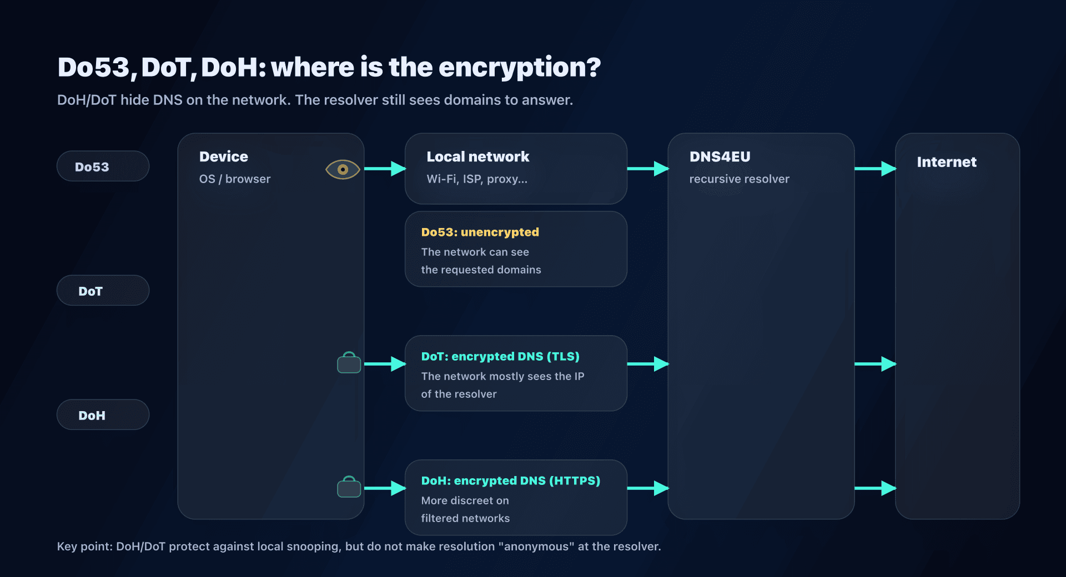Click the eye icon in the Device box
pyautogui.click(x=343, y=169)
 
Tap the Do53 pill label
pyautogui.click(x=92, y=167)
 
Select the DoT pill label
pyautogui.click(x=90, y=291)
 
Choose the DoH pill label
pyautogui.click(x=92, y=416)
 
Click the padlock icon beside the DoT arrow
pyautogui.click(x=349, y=363)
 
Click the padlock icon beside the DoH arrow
pyautogui.click(x=349, y=487)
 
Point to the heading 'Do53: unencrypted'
pyautogui.click(x=480, y=232)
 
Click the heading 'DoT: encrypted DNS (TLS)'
pyautogui.click(x=500, y=356)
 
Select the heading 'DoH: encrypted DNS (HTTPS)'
pyautogui.click(x=510, y=480)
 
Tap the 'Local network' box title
pyautogui.click(x=477, y=156)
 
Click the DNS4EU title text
pyautogui.click(x=720, y=156)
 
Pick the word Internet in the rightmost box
pyautogui.click(x=946, y=162)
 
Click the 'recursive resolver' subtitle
pyautogui.click(x=739, y=179)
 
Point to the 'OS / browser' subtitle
pyautogui.click(x=235, y=179)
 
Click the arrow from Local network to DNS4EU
pyautogui.click(x=647, y=169)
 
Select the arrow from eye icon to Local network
pyautogui.click(x=385, y=169)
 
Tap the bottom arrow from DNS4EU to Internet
pyautogui.click(x=875, y=488)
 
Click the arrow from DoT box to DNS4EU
pyautogui.click(x=647, y=364)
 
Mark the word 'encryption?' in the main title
pyautogui.click(x=519, y=68)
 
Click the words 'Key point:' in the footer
pyautogui.click(x=84, y=546)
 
